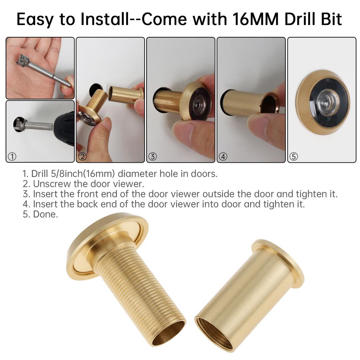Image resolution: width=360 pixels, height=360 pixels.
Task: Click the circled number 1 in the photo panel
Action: tap(12, 157)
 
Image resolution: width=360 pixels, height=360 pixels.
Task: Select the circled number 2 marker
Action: tap(83, 157)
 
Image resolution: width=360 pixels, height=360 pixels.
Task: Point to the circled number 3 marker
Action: tap(153, 157)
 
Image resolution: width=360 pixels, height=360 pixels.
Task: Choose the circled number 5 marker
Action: tap(294, 157)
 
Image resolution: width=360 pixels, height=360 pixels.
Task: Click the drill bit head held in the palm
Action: tap(24, 62)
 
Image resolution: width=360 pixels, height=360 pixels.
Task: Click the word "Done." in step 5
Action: tap(45, 214)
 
